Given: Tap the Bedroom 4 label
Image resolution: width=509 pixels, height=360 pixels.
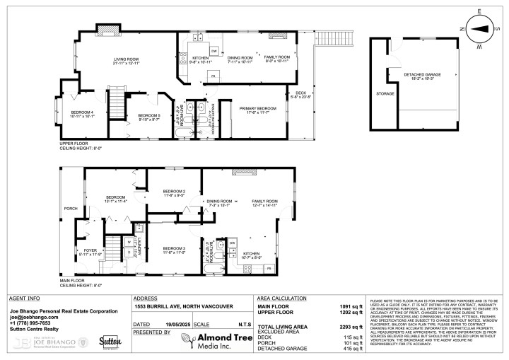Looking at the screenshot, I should pos(82,113).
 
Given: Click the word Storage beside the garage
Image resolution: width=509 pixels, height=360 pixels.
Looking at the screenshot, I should pos(385,93).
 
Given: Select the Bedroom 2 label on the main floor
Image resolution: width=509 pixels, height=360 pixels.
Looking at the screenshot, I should pos(174,192).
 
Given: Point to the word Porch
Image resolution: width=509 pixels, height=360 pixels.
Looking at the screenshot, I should pos(71,209).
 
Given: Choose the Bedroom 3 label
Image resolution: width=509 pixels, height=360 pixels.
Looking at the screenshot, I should pos(174,249).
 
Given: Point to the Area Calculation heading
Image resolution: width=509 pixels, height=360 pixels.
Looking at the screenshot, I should pos(282,298).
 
